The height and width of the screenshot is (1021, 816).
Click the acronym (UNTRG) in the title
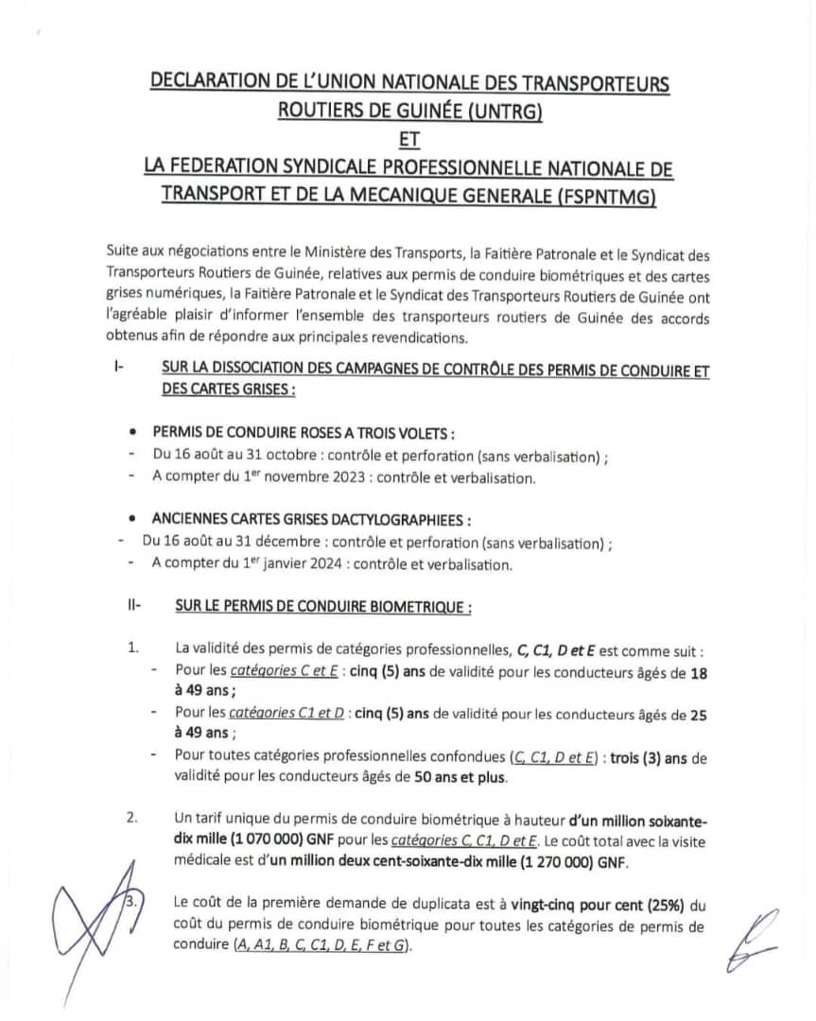click(x=498, y=112)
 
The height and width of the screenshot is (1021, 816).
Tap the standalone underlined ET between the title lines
click(x=408, y=140)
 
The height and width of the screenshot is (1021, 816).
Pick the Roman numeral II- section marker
click(x=133, y=606)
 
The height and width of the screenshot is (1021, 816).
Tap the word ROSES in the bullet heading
click(x=321, y=433)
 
